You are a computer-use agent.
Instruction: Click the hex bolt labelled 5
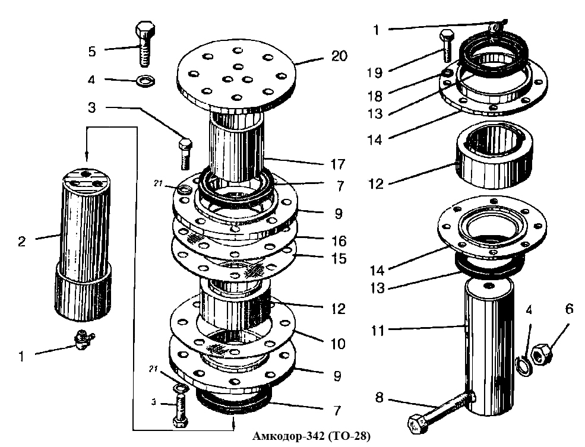[145, 45]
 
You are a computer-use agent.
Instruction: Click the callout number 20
[339, 56]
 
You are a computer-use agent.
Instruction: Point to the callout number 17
[338, 164]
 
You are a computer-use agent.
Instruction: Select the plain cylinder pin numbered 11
[489, 347]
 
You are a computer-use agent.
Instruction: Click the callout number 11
[378, 330]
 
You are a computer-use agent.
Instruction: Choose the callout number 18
[375, 96]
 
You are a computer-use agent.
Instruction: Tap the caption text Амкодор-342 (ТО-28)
[312, 436]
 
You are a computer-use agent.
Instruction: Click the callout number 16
[339, 241]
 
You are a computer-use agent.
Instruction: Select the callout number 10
[338, 343]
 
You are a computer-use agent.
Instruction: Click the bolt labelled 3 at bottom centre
[180, 412]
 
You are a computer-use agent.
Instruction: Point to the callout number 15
[339, 259]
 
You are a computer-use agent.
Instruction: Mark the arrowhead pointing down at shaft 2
[87, 157]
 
